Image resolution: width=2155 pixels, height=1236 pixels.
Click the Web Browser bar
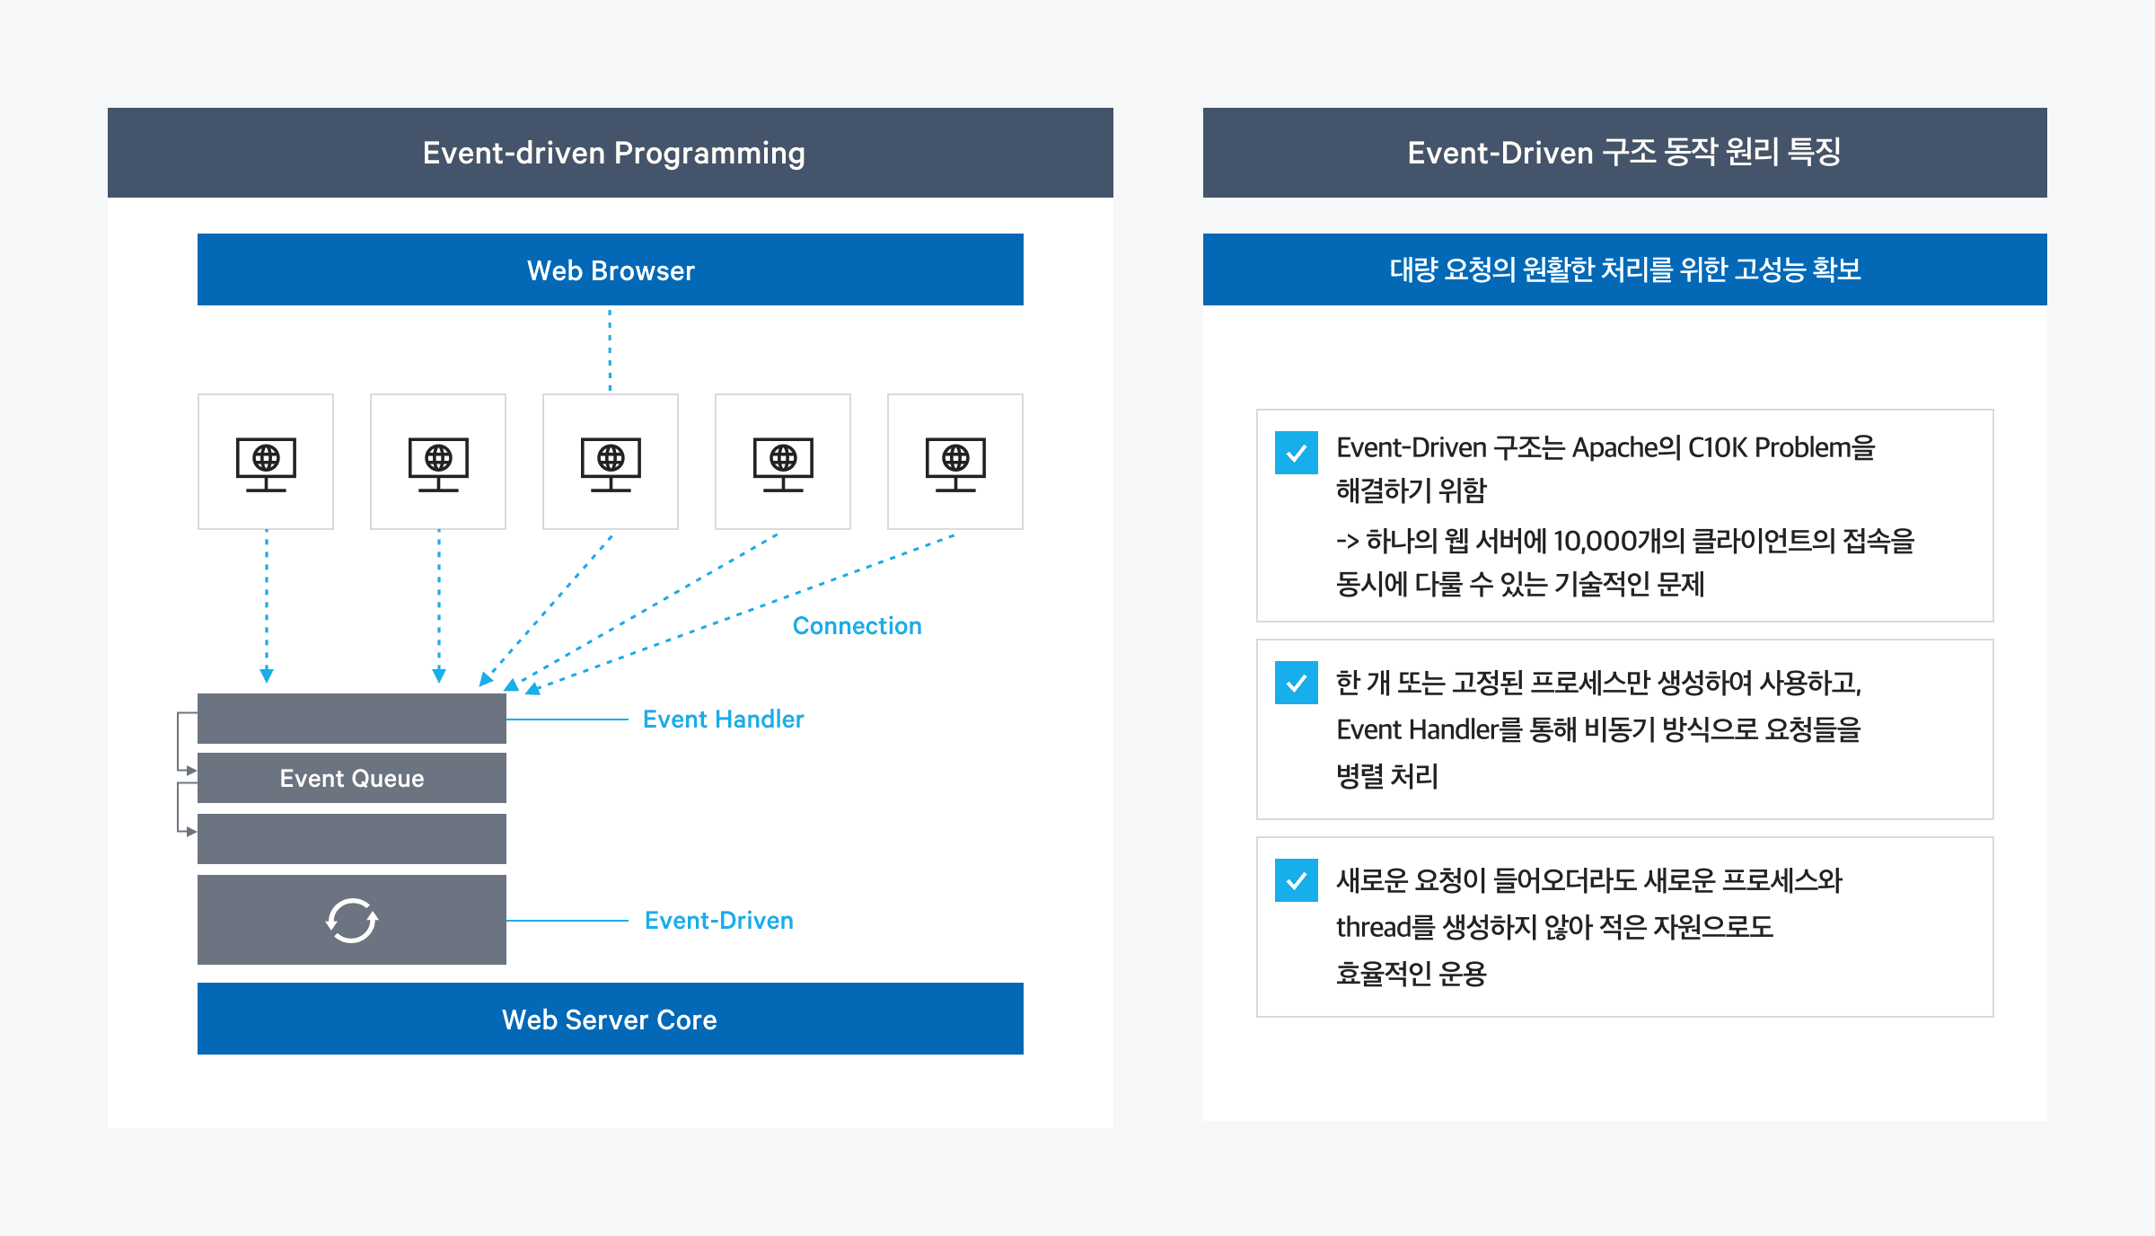pos(611,269)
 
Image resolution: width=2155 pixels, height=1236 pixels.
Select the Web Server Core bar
pos(611,1019)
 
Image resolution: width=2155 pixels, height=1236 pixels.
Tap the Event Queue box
pos(352,778)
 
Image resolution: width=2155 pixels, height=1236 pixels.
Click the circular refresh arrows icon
pos(352,920)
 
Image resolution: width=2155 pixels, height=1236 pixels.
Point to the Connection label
pos(857,626)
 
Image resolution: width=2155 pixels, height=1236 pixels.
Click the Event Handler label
pos(723,720)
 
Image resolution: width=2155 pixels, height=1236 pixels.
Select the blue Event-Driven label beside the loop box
pos(718,921)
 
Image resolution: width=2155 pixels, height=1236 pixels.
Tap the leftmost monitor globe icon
pos(266,463)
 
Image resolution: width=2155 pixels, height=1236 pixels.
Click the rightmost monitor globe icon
pos(955,463)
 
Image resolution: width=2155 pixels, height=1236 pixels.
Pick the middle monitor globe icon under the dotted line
pos(611,463)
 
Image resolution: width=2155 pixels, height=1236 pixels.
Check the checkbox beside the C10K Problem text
pos(1296,453)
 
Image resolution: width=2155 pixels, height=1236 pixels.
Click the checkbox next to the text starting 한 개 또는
pos(1296,683)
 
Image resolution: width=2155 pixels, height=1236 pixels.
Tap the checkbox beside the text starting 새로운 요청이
pos(1296,880)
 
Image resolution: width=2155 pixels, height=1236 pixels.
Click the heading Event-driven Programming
pos(613,153)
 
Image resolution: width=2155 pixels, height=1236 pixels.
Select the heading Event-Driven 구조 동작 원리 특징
pos(1623,153)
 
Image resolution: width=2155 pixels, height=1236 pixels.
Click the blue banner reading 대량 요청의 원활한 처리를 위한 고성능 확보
pos(1624,269)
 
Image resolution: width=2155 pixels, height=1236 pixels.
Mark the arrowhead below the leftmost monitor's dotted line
pos(267,675)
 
